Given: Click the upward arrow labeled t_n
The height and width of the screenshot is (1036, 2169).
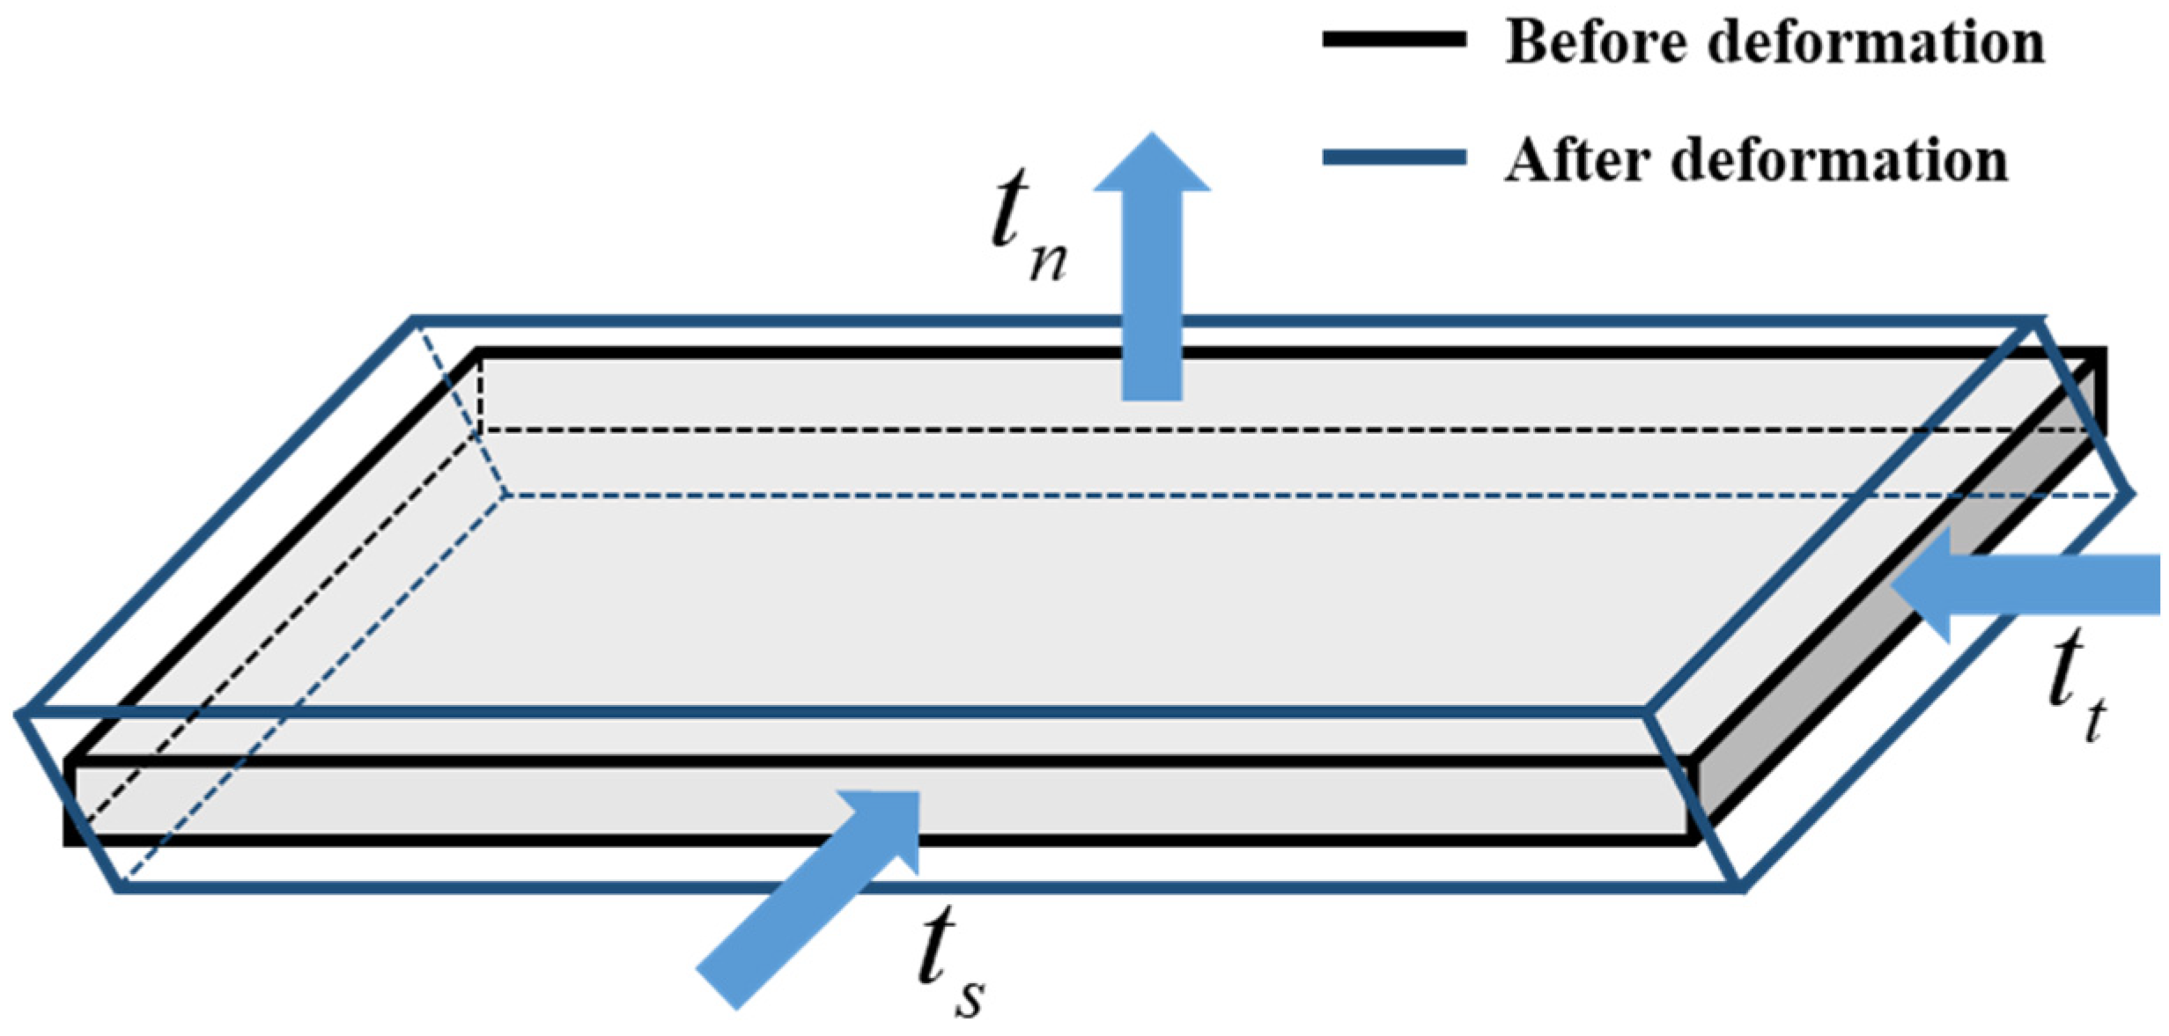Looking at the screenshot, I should click(1151, 290).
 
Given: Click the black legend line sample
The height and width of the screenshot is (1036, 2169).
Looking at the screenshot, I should click(1394, 40).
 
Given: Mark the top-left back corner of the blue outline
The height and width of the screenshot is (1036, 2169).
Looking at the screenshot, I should click(414, 319).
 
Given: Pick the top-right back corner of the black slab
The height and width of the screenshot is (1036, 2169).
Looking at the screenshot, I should click(2103, 352).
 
